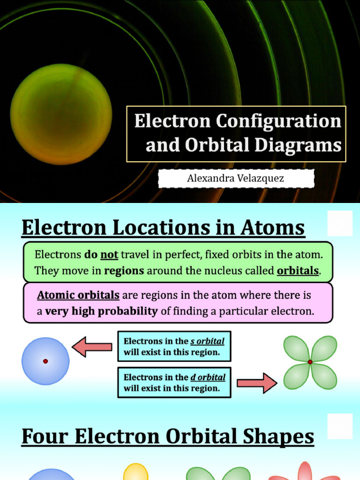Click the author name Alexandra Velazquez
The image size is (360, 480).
click(235, 179)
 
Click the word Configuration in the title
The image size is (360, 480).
click(278, 121)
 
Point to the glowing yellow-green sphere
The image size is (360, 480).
click(61, 114)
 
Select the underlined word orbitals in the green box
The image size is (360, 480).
click(298, 271)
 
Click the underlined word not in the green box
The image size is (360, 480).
click(109, 255)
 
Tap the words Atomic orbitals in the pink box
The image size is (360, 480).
click(78, 296)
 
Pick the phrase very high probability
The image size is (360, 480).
click(101, 311)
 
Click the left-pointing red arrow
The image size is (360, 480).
click(92, 347)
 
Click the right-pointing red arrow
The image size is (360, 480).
click(257, 382)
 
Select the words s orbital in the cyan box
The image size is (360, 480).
click(207, 341)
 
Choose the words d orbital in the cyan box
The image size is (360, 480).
click(208, 377)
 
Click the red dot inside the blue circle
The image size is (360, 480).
click(45, 361)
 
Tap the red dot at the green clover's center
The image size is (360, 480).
click(310, 362)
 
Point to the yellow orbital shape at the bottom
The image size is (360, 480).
click(135, 472)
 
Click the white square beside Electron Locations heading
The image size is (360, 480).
click(340, 223)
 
